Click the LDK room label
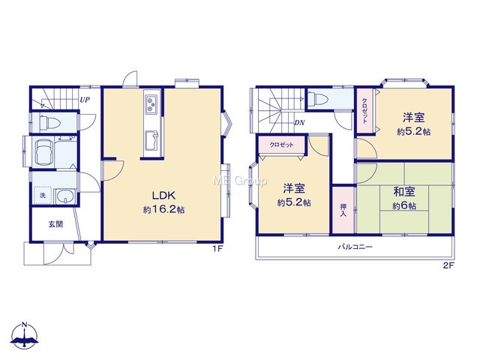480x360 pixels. [163, 195]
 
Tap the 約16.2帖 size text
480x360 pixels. [163, 210]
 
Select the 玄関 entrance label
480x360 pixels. [55, 224]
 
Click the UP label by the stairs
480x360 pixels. [85, 100]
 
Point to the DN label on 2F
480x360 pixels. [299, 123]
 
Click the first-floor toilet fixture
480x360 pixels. [49, 122]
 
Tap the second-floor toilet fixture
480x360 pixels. [317, 99]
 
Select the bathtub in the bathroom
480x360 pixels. [44, 152]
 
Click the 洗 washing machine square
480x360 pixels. [43, 195]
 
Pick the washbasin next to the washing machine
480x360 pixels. [65, 196]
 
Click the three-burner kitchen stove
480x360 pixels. [151, 104]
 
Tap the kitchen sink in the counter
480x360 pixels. [151, 140]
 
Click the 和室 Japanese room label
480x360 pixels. [404, 192]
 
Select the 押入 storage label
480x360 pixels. [343, 210]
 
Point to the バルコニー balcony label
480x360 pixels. [355, 247]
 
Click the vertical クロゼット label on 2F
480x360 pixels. [365, 111]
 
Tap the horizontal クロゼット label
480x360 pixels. [282, 145]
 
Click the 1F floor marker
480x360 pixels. [217, 249]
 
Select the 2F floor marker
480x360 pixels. [448, 265]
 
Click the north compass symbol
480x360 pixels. [25, 335]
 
